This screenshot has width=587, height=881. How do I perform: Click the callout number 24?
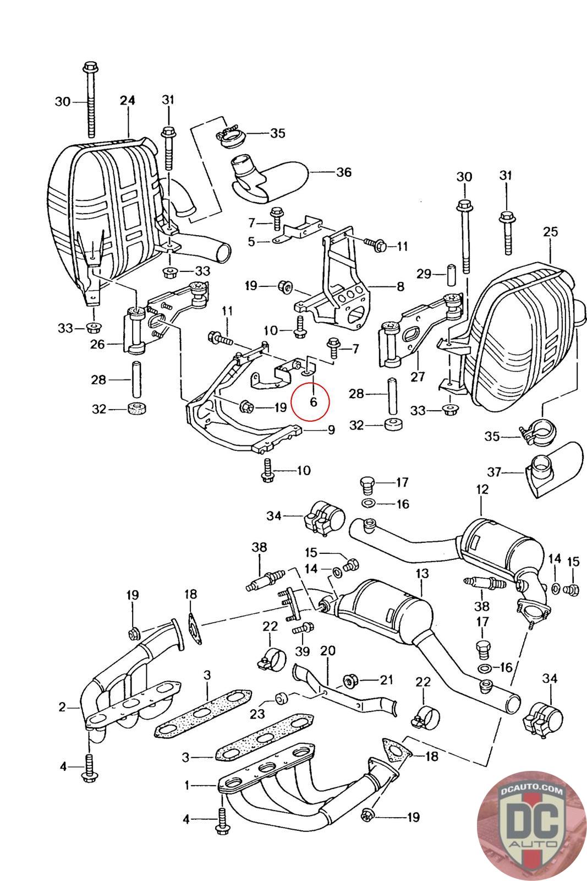coord(127,100)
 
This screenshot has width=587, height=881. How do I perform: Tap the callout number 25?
coord(550,232)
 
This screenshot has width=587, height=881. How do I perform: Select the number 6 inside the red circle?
coord(313,402)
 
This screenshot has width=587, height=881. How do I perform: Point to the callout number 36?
coord(343,172)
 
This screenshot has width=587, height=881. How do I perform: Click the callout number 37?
coord(495,471)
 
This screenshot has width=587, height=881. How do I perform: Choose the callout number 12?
coord(482,490)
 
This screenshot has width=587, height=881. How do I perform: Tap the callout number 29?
coord(424,274)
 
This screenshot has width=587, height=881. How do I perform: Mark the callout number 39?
coord(303,651)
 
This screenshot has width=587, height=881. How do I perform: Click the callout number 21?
coord(386,679)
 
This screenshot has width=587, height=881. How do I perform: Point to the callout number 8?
coord(400,286)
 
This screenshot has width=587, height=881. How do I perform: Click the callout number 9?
coord(331,430)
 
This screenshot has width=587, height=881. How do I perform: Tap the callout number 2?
coord(62,707)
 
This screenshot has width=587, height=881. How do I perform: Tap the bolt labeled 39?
coord(303,628)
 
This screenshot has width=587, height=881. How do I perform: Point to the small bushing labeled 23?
coord(281,699)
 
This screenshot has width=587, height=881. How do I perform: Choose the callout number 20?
coord(328,650)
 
